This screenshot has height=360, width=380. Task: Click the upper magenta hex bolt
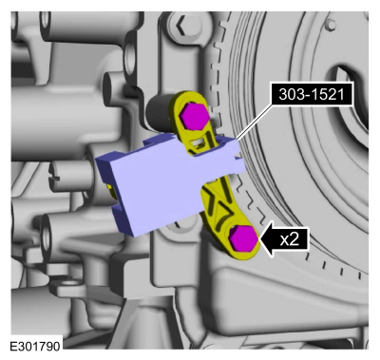coord(194,115)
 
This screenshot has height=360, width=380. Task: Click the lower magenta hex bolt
coord(244,239)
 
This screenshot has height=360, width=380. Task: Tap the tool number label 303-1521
coord(312,94)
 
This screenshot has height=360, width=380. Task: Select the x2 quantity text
coord(290,240)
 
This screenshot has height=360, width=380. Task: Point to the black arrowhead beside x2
coord(267,240)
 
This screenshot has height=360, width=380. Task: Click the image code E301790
coord(35,346)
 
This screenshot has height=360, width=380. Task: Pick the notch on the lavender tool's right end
coord(239,156)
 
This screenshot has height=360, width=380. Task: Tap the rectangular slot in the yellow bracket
coord(198,144)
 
